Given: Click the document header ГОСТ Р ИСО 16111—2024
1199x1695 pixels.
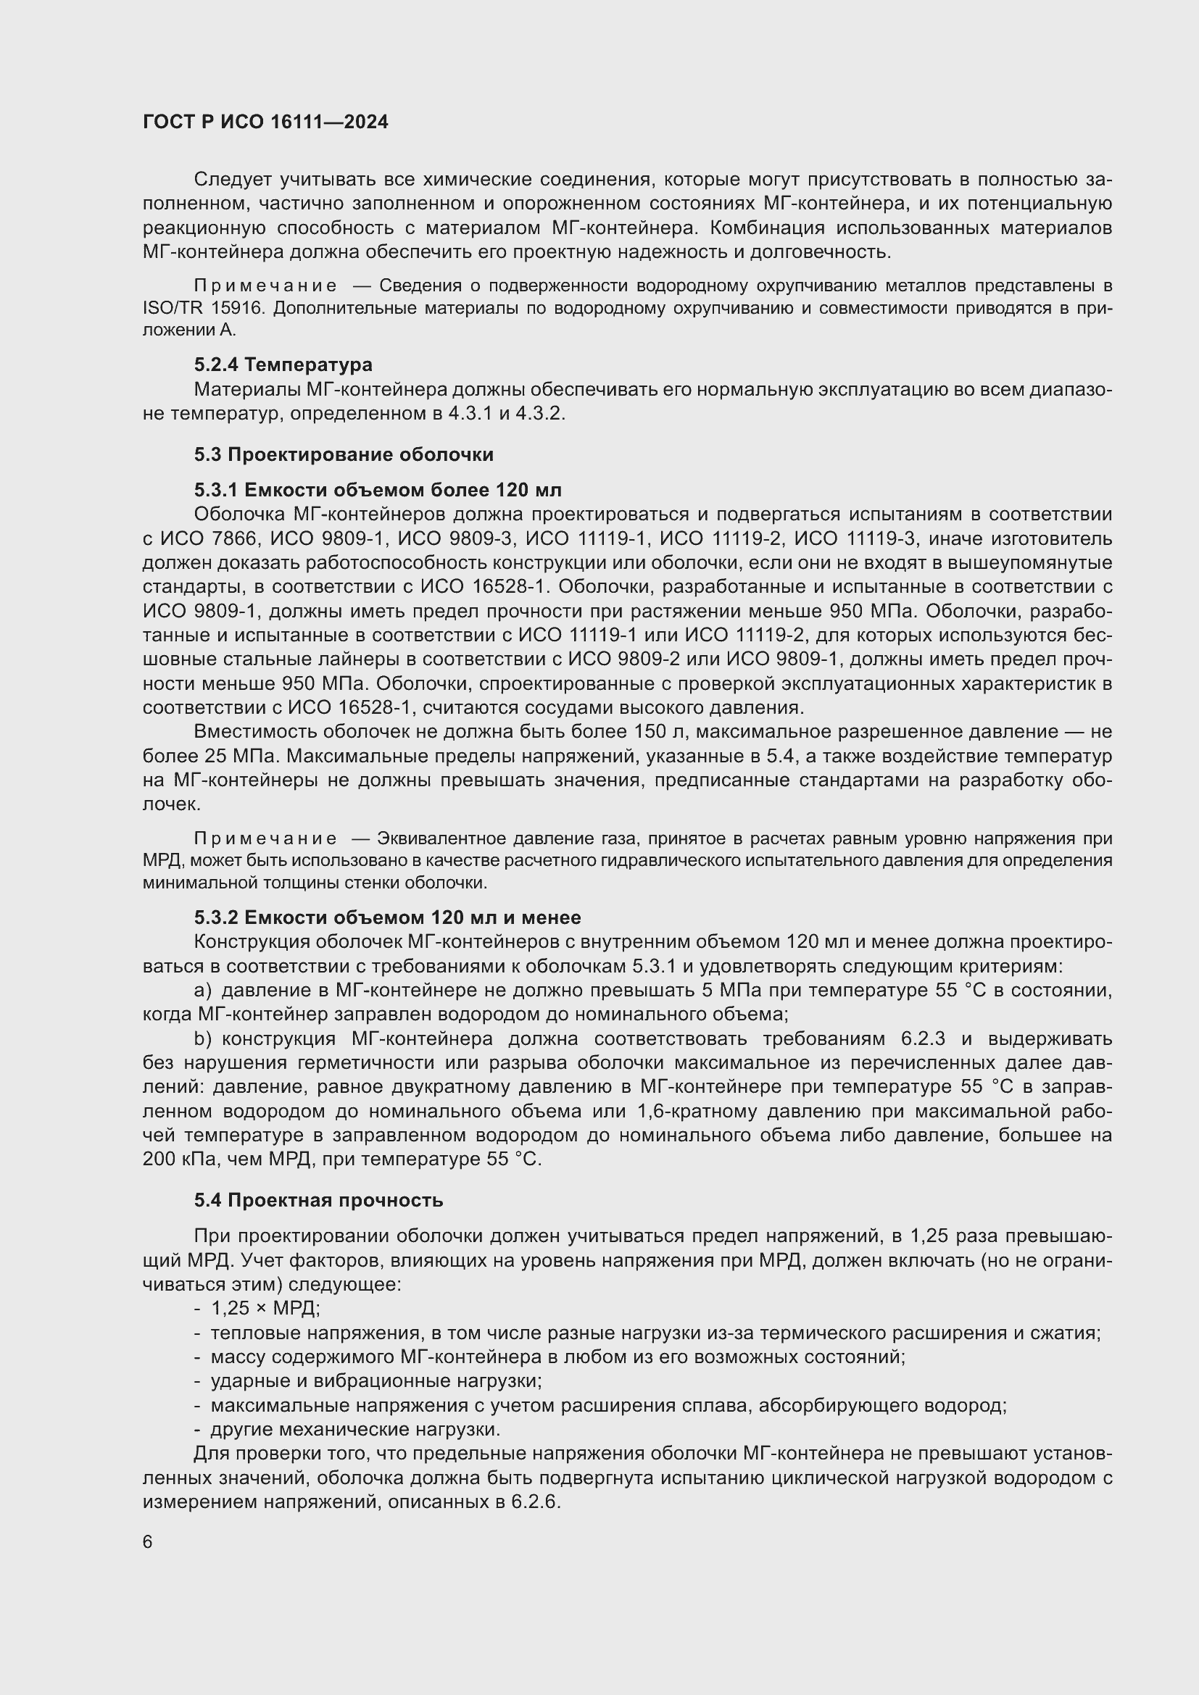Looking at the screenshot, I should pos(265,122).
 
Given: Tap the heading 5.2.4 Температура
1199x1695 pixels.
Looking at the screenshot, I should pos(283,365).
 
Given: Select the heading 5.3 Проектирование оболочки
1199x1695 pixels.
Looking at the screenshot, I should pos(344,454).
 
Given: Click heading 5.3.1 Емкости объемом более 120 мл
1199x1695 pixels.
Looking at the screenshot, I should pos(377,490).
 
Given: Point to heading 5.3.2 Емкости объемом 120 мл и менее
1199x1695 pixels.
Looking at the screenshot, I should pos(387,917).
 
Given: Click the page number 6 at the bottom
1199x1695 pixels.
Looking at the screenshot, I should pos(148,1542).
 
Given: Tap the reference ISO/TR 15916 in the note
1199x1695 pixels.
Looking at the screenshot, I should pos(204,309).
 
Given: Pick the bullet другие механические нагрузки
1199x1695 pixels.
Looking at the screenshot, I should pos(355,1429).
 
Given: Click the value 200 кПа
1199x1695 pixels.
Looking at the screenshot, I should pos(176,1159).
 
